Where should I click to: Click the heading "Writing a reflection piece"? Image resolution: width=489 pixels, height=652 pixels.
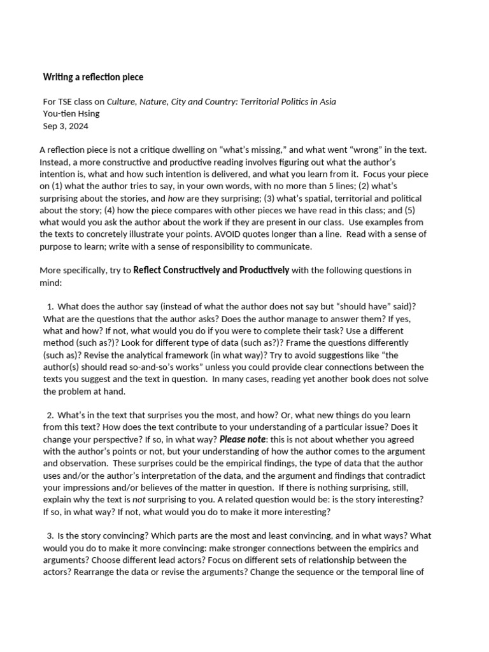[x=93, y=77]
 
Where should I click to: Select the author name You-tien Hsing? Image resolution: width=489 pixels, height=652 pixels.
[x=71, y=113]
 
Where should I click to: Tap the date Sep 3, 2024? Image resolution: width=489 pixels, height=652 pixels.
[x=66, y=125]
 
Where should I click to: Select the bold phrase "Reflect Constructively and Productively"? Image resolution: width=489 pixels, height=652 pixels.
[x=211, y=270]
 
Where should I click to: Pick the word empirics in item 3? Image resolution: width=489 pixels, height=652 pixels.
[x=401, y=548]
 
